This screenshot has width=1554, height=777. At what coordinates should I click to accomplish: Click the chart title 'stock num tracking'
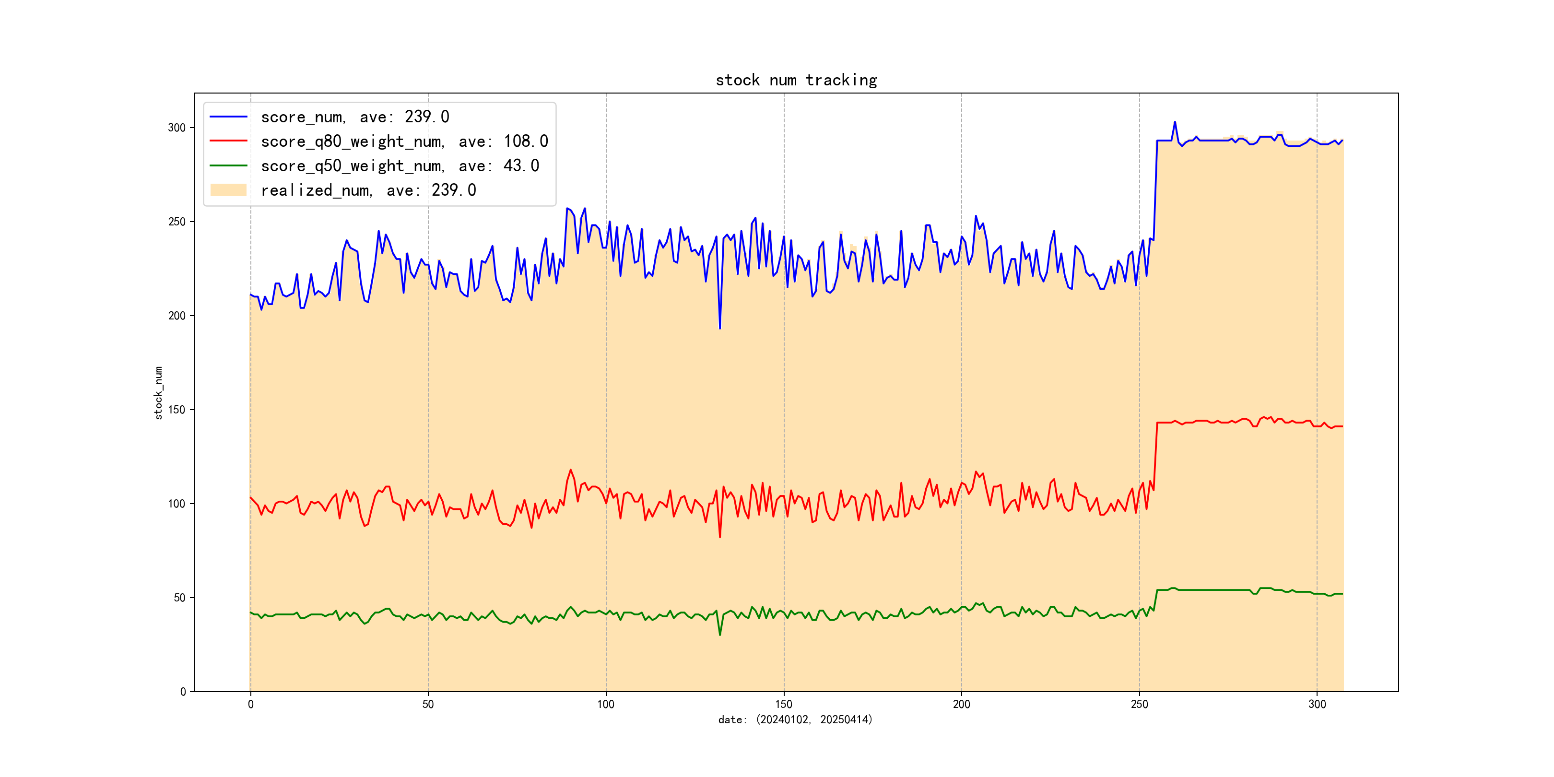[796, 80]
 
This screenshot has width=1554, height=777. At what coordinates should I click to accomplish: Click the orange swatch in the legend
[228, 190]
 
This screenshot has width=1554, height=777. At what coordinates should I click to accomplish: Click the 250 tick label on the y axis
[177, 222]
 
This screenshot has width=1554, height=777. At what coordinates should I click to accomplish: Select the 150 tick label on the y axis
[177, 410]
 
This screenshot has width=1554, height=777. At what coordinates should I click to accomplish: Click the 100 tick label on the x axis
[606, 705]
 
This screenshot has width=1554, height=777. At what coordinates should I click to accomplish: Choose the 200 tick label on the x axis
[962, 705]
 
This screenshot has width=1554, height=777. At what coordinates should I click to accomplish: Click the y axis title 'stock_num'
[159, 393]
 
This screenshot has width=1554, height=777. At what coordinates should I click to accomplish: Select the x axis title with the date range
[795, 720]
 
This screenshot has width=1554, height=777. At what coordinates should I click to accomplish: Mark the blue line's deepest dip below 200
[720, 328]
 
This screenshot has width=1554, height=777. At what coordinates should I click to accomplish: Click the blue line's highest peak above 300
[1175, 122]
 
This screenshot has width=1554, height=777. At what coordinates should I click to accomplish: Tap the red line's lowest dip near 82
[720, 537]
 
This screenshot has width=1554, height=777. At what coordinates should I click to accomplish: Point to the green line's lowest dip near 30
[720, 635]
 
